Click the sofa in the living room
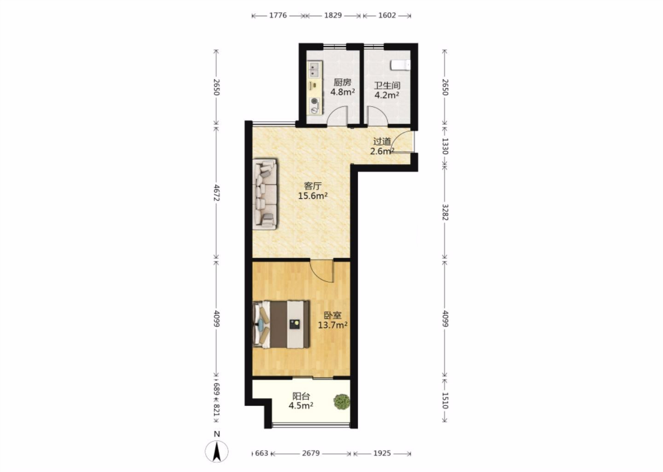(x=265, y=194)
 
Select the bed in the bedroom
(x=281, y=324)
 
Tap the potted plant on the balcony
(x=342, y=402)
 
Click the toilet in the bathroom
(x=401, y=65)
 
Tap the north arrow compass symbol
(x=217, y=451)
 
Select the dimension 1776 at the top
(x=278, y=15)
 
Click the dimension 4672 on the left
(x=216, y=193)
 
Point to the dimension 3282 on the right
(x=445, y=212)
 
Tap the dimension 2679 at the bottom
(x=311, y=454)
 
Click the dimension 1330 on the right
(x=445, y=146)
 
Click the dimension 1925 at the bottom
(x=382, y=454)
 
